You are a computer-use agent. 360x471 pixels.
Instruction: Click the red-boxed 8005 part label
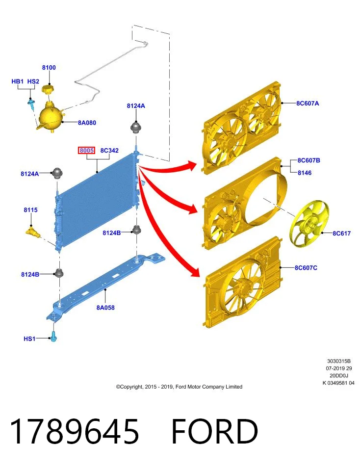click(x=86, y=150)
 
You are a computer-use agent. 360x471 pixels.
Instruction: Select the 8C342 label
click(x=109, y=150)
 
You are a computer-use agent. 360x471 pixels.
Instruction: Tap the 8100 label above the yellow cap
click(x=49, y=68)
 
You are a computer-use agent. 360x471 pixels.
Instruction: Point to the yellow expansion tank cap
click(x=48, y=89)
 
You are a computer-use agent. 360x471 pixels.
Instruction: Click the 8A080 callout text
click(x=87, y=123)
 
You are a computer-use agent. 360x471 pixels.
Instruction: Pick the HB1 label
click(x=18, y=81)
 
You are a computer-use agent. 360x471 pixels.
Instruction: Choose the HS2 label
click(x=33, y=81)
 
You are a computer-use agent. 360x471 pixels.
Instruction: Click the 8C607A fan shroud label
click(x=308, y=104)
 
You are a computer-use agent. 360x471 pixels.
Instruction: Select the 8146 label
click(x=305, y=173)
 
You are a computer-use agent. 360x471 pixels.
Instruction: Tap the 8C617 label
click(x=341, y=233)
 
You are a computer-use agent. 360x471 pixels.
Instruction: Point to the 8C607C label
click(x=306, y=268)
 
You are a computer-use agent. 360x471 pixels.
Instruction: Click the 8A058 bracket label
click(x=105, y=308)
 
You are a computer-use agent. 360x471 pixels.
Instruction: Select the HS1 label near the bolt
click(x=29, y=339)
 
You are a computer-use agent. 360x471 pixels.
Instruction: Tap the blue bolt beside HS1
click(x=54, y=337)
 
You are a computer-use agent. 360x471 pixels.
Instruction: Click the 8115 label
click(x=30, y=209)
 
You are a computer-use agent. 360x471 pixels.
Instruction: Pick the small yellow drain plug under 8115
click(x=33, y=233)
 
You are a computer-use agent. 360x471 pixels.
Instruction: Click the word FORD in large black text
click(x=214, y=431)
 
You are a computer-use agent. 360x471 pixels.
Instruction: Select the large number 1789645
click(x=75, y=431)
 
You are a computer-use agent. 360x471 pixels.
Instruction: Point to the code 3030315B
click(x=339, y=361)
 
